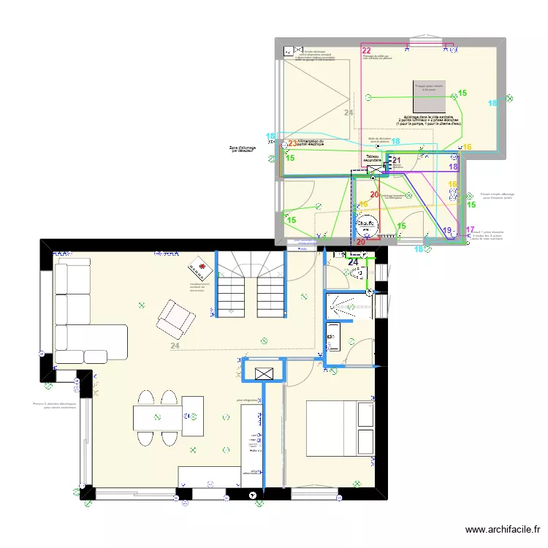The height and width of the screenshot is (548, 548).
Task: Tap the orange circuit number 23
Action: (292, 144)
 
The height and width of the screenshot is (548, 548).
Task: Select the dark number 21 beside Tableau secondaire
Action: (397, 161)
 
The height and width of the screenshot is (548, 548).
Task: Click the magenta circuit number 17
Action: (470, 229)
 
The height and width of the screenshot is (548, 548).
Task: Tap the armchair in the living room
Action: (176, 316)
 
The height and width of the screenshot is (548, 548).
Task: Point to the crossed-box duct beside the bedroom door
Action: (264, 373)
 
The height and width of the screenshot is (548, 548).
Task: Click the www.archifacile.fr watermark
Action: (503, 530)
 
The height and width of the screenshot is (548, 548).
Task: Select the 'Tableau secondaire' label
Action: (373, 158)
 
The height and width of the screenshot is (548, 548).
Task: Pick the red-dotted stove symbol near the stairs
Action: (200, 266)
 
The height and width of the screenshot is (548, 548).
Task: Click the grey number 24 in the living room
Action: (175, 346)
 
